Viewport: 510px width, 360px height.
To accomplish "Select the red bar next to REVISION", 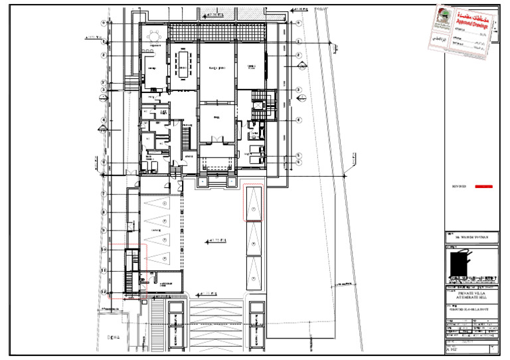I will [486, 187].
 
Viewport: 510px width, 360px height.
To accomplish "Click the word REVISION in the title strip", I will [460, 187].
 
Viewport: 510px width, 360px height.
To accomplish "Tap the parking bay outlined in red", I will [254, 203].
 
